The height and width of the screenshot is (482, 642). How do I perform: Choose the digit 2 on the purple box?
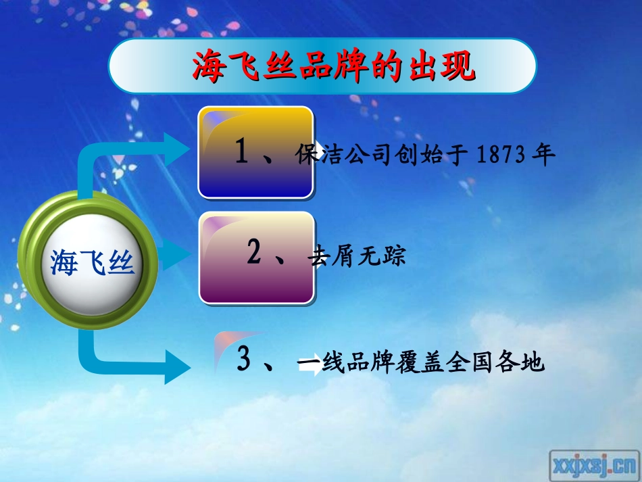click(255, 252)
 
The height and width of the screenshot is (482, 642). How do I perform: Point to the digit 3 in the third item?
click(244, 359)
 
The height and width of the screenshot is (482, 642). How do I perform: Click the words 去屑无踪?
click(357, 257)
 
